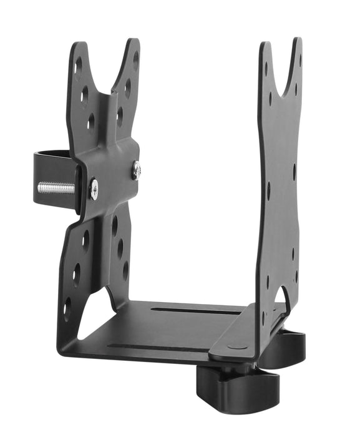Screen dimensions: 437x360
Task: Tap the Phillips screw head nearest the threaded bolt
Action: (x=94, y=189)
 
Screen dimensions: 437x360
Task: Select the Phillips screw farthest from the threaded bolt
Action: (x=136, y=170)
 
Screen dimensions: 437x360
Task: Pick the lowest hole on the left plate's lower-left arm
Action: (x=68, y=305)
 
